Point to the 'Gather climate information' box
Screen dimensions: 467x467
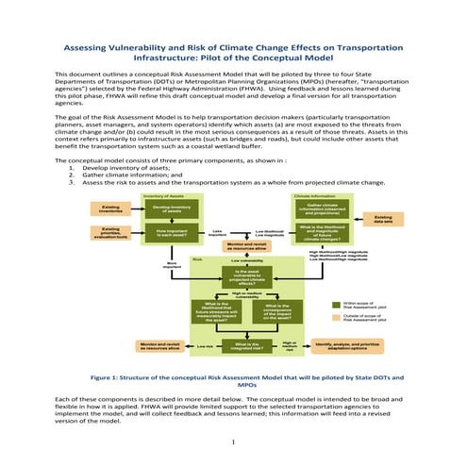point(325,208)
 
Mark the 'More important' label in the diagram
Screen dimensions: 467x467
point(172,265)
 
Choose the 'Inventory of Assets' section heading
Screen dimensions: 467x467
point(162,194)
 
